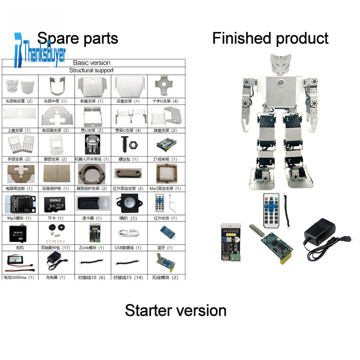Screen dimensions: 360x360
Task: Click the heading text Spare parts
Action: pos(77,38)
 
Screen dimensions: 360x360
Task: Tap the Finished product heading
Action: pos(270,38)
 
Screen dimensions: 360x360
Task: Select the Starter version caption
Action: pos(175,310)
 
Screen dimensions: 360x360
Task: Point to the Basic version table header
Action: pos(92,63)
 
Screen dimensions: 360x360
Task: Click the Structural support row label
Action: pos(91,70)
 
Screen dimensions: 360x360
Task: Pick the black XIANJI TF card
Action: pos(55,203)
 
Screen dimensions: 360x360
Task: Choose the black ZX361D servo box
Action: pos(19,232)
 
